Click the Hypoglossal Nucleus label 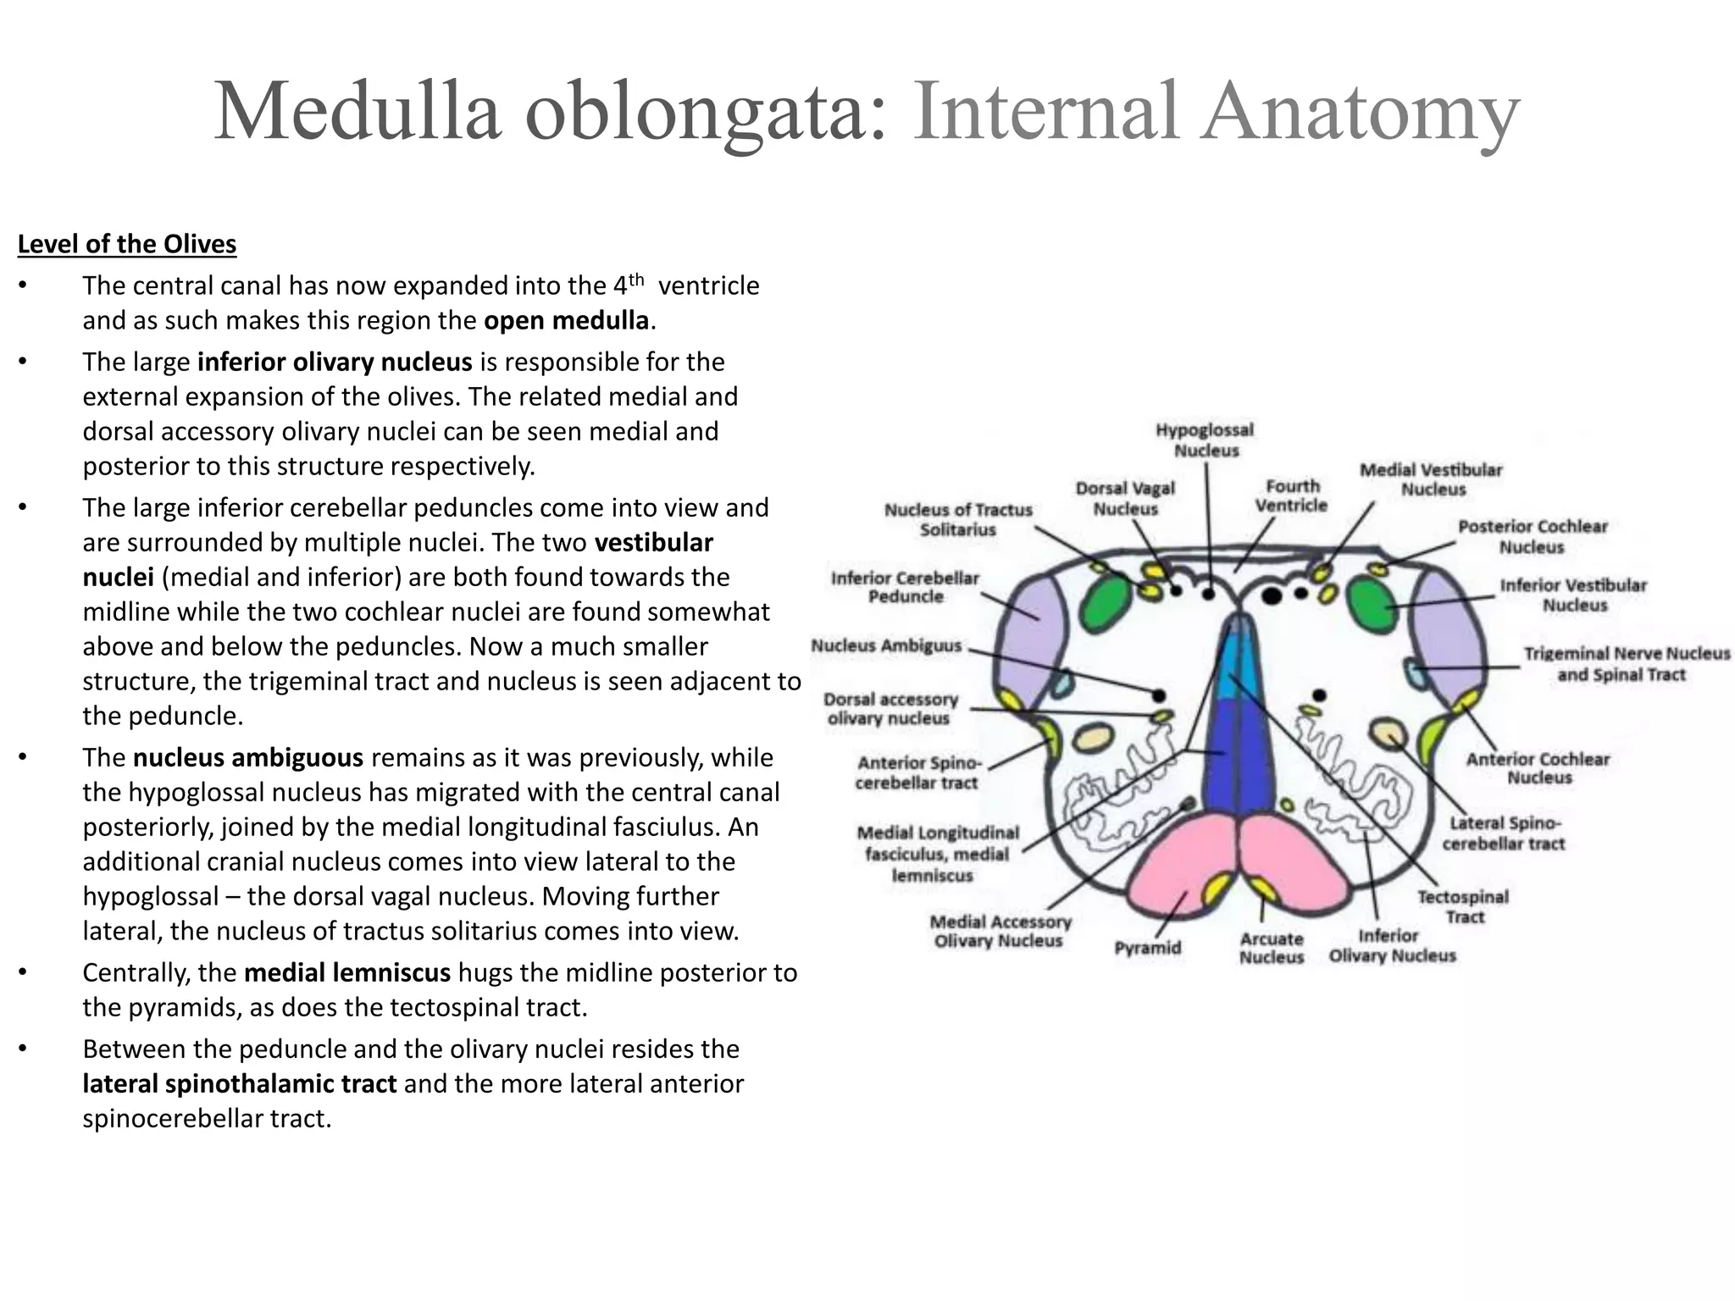[x=1205, y=440]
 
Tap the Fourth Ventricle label [x=1291, y=495]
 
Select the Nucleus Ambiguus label [x=886, y=646]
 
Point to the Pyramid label [x=1147, y=948]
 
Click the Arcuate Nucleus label [x=1271, y=948]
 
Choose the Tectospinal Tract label [x=1463, y=906]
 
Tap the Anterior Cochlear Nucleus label [x=1538, y=768]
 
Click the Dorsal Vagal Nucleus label [x=1125, y=498]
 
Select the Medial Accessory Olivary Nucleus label [x=1000, y=931]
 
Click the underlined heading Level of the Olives [x=127, y=244]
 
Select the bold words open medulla [x=566, y=321]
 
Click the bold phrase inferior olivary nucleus [x=335, y=363]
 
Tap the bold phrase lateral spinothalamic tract [x=240, y=1084]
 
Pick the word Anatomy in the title [x=1361, y=112]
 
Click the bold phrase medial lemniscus [x=347, y=973]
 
